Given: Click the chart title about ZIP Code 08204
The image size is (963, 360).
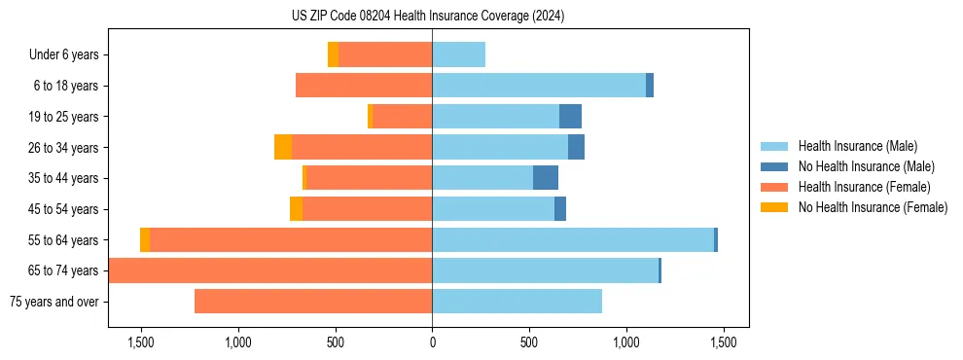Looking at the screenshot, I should click(x=428, y=17).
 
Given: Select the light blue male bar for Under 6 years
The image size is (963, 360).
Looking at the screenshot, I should click(x=458, y=55).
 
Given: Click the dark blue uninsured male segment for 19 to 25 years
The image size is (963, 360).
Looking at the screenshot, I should click(x=570, y=117).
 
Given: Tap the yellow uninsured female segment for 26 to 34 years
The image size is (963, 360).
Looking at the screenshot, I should click(x=283, y=148).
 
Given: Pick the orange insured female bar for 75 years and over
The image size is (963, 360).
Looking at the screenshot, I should click(x=313, y=302).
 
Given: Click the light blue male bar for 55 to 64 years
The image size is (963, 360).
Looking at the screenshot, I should click(x=573, y=240).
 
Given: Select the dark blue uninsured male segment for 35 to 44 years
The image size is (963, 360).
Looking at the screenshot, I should click(x=546, y=178).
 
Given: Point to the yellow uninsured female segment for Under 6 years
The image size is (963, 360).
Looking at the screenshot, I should click(x=333, y=55).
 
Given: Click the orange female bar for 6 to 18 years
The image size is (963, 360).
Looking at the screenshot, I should click(x=364, y=86).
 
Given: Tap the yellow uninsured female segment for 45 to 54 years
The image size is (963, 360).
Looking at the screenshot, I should click(x=296, y=209).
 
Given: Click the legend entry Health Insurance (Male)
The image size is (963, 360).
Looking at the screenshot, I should click(x=857, y=146).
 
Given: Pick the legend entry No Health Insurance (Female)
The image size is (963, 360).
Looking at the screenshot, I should click(x=873, y=207).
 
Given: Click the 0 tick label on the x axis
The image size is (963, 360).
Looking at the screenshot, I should click(x=432, y=342).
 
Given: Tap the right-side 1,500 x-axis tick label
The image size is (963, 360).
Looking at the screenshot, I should click(x=723, y=342).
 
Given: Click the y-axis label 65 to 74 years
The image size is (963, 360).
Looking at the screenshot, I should click(x=64, y=271).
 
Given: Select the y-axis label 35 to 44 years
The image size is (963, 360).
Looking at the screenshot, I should click(x=64, y=179).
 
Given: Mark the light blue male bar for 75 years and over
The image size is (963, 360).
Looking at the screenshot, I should click(x=517, y=302).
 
